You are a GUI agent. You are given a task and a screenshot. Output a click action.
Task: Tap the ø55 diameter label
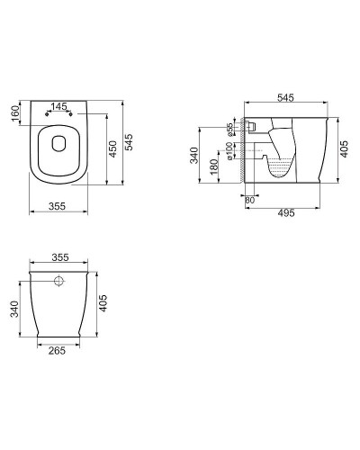click(x=231, y=130)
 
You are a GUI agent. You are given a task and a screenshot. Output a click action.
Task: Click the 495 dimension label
click(x=286, y=213)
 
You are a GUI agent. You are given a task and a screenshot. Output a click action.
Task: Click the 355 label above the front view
click(x=61, y=257)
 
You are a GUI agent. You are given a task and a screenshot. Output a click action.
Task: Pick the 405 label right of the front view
click(x=103, y=304)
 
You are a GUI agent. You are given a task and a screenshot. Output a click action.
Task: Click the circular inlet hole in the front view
click(x=61, y=283)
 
